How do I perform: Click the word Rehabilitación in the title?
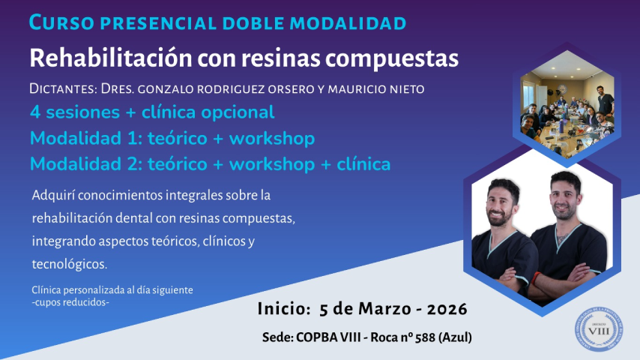111,58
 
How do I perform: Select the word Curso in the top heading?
61,22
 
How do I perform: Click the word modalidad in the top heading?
348,23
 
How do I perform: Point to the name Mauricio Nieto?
376,88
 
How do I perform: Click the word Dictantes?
63,88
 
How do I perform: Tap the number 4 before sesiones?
35,112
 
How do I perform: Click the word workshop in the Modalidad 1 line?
272,138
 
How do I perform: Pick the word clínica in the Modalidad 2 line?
363,163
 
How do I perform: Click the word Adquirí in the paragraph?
53,195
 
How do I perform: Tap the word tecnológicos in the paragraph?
70,265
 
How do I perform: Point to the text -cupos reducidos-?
70,302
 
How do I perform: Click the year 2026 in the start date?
447,309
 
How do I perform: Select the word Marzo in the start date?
384,309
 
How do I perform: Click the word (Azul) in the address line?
455,337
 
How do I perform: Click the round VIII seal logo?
599,329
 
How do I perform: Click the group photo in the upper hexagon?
567,104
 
